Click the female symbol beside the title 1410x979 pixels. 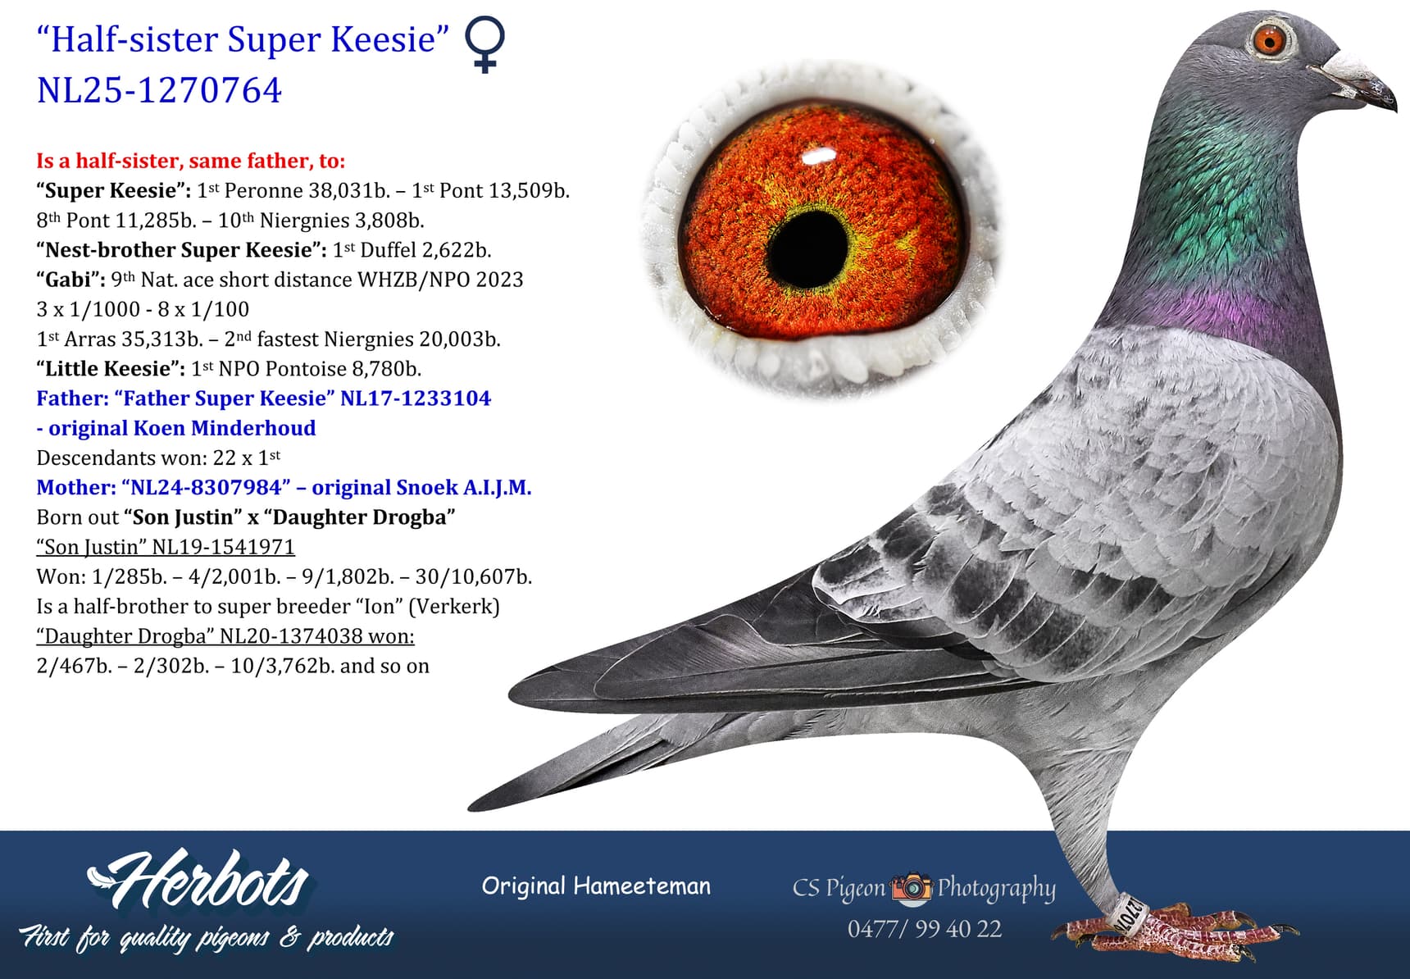click(485, 45)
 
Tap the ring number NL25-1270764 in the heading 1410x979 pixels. click(159, 90)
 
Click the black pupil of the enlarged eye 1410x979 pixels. click(807, 245)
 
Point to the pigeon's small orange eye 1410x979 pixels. click(1270, 39)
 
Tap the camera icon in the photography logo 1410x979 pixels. click(911, 887)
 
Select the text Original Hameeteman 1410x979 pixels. click(596, 886)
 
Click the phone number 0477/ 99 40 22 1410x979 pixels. click(924, 929)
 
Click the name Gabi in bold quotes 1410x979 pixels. click(69, 280)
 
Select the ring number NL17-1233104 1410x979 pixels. click(416, 398)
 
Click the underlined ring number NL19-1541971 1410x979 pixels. click(223, 547)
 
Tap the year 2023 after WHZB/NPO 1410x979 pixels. click(499, 280)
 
